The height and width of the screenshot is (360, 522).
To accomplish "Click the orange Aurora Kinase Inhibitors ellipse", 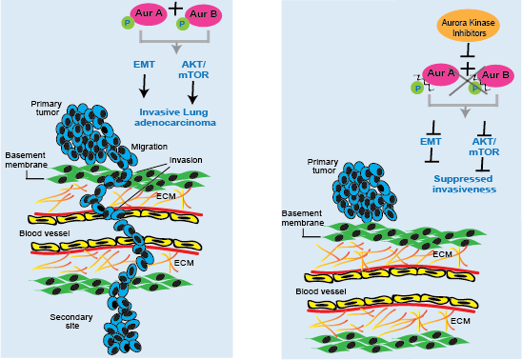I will click(468, 26).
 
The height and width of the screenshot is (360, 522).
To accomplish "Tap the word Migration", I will click(150, 147).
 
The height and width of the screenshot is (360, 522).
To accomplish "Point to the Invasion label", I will click(185, 160).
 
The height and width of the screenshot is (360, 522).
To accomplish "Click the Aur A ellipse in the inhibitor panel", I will click(439, 72).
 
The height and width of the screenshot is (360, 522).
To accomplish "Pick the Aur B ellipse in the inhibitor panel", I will click(493, 75).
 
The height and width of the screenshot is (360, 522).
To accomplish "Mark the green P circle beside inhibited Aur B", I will click(474, 88).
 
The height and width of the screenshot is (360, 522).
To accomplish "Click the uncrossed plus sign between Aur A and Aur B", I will click(173, 7).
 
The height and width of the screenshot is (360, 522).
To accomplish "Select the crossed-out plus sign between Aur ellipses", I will click(468, 69).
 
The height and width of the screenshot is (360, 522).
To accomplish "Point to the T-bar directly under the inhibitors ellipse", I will click(468, 54).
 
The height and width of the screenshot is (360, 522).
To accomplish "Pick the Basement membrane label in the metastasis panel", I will click(27, 158).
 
